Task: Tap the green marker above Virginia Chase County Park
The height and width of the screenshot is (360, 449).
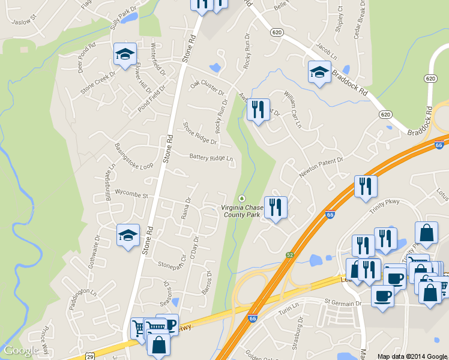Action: click(x=242, y=198)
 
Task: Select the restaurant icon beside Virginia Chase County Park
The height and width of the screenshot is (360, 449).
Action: click(x=276, y=208)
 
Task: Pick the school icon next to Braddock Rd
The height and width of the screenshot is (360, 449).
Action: click(x=319, y=73)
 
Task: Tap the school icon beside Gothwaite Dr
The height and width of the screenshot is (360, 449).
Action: click(x=128, y=236)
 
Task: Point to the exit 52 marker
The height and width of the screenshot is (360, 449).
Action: click(x=290, y=254)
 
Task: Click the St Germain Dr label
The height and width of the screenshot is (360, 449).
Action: click(x=343, y=304)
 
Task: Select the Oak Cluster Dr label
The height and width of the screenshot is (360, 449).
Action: click(x=207, y=88)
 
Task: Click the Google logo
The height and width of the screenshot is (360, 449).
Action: click(x=21, y=351)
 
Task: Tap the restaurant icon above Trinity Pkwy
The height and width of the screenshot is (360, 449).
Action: click(x=366, y=186)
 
